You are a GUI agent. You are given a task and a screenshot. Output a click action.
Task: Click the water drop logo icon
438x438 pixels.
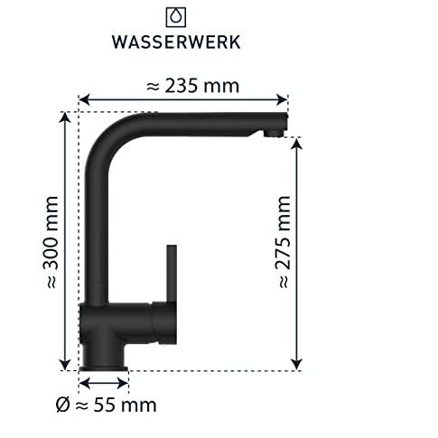click(x=176, y=17)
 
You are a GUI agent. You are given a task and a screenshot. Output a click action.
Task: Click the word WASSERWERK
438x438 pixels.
click(x=176, y=42)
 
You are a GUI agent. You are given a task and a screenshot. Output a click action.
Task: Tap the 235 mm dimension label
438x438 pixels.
click(x=193, y=86)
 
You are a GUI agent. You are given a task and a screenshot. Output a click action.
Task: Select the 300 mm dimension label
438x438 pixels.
click(x=51, y=242)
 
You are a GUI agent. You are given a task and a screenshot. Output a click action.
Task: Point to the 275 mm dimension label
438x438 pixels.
click(x=283, y=242)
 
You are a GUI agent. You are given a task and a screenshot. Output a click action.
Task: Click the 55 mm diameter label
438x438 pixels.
click(x=107, y=405)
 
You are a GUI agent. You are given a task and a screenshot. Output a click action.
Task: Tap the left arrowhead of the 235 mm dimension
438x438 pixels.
click(x=85, y=99)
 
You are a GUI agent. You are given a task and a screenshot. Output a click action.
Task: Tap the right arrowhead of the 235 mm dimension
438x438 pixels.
click(x=282, y=99)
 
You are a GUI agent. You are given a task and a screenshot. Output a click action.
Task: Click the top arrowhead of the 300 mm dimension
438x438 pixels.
click(x=65, y=117)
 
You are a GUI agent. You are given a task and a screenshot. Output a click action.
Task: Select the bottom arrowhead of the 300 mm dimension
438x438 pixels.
click(x=65, y=365)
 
